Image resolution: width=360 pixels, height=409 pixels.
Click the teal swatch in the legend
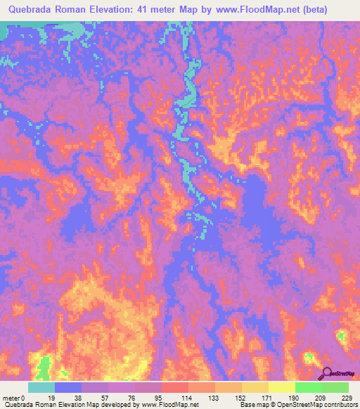[x=41, y=387]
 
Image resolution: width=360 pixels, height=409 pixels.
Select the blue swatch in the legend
[x=68, y=387]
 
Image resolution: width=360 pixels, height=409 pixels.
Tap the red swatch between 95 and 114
[x=175, y=387]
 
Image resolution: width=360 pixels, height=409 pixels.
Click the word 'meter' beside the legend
[x=12, y=397]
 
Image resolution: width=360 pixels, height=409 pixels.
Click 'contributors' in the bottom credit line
[x=340, y=405]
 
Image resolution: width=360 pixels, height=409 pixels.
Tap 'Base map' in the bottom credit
[x=252, y=405]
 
